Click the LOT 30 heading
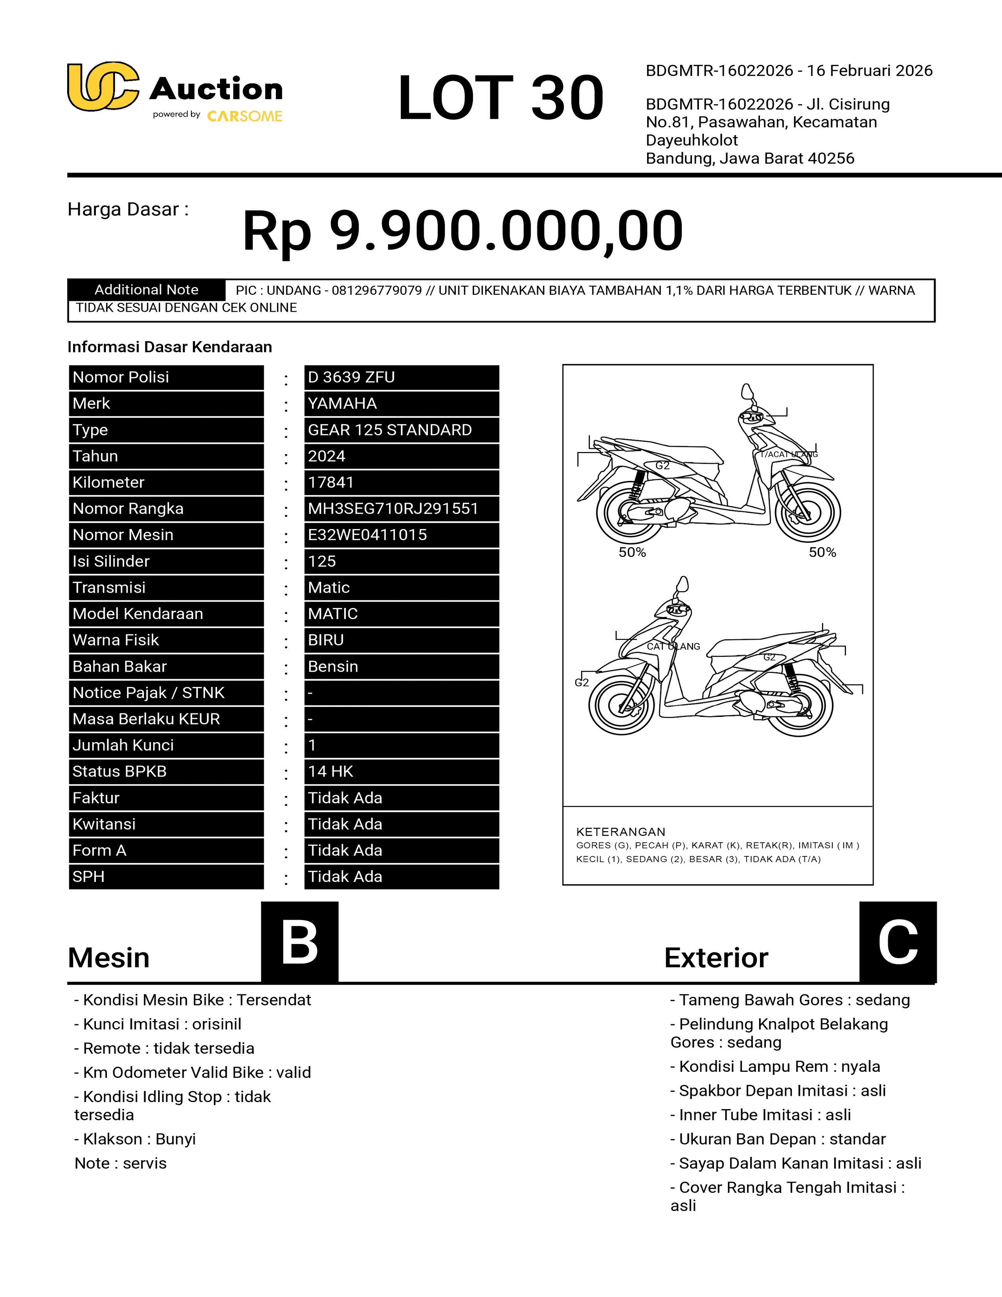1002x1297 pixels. pyautogui.click(x=500, y=97)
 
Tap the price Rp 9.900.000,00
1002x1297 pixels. pyautogui.click(x=462, y=230)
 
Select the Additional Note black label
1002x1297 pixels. pyautogui.click(x=146, y=290)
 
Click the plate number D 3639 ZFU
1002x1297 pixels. pyautogui.click(x=351, y=377)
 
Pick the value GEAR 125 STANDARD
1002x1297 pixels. pyautogui.click(x=389, y=430)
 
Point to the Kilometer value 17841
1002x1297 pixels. pyautogui.click(x=330, y=482)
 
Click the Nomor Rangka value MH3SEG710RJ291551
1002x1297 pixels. pyautogui.click(x=393, y=508)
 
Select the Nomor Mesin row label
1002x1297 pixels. pyautogui.click(x=123, y=535)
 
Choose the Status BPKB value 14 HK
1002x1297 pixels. pyautogui.click(x=330, y=772)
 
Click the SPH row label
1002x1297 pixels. pyautogui.click(x=88, y=876)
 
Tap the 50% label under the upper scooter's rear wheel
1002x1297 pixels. pyautogui.click(x=632, y=552)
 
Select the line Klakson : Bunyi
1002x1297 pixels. pyautogui.click(x=135, y=1139)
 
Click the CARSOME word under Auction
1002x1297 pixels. pyautogui.click(x=244, y=116)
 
